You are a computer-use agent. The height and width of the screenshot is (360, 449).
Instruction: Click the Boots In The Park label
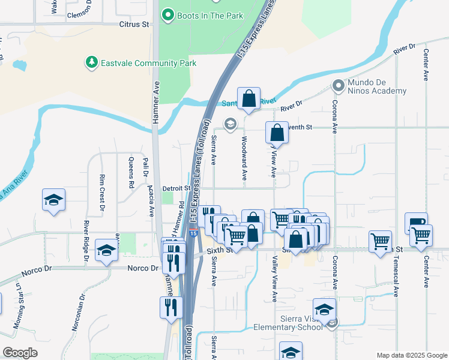[210, 16]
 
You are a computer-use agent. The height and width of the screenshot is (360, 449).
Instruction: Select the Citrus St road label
[134, 25]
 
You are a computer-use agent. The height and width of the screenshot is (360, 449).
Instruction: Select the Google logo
[20, 353]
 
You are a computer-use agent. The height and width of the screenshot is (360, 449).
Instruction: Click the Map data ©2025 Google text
[411, 355]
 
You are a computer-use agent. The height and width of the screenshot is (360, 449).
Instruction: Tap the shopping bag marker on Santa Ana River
[249, 99]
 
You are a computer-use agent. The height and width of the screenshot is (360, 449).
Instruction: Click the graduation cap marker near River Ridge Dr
[106, 253]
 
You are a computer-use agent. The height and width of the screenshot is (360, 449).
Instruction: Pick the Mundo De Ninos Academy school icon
[338, 85]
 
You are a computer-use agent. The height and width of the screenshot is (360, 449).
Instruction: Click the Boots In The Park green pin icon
[168, 15]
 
